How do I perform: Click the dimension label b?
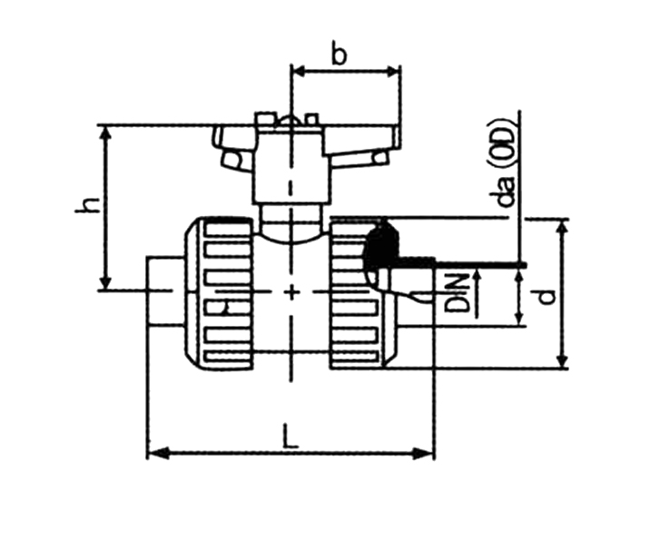coord(339,54)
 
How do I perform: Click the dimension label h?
coord(86,205)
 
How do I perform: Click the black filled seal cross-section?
coord(381,245)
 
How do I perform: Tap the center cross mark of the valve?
coord(291,290)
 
